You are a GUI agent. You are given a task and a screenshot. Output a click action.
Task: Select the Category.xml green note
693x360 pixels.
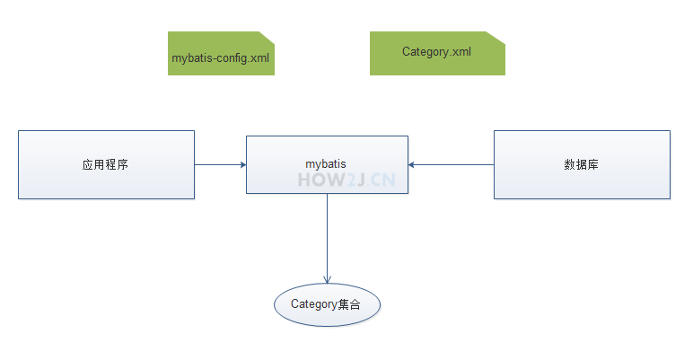coord(437,53)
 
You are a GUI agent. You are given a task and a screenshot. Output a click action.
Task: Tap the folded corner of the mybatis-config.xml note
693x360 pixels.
coord(267,37)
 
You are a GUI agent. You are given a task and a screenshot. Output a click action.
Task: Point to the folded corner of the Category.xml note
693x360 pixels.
coord(498,37)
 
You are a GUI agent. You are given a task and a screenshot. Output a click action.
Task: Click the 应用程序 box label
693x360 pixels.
coord(105,164)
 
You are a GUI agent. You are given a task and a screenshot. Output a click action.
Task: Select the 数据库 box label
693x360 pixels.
coord(581,164)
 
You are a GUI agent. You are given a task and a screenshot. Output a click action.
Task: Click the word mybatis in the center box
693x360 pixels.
coord(326,164)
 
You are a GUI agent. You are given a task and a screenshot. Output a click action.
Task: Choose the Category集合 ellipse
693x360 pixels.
coord(327,304)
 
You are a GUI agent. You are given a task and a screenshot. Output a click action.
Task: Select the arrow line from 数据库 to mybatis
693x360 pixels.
coord(453,164)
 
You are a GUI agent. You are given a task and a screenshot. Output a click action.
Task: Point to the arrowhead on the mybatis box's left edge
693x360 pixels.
coord(242,164)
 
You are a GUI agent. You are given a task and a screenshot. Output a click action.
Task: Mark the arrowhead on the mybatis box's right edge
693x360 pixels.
coord(412,164)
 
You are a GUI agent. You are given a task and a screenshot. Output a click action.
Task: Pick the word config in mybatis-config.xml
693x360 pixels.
coord(231,57)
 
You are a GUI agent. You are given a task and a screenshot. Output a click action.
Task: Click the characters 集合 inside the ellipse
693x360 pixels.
coord(348,304)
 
